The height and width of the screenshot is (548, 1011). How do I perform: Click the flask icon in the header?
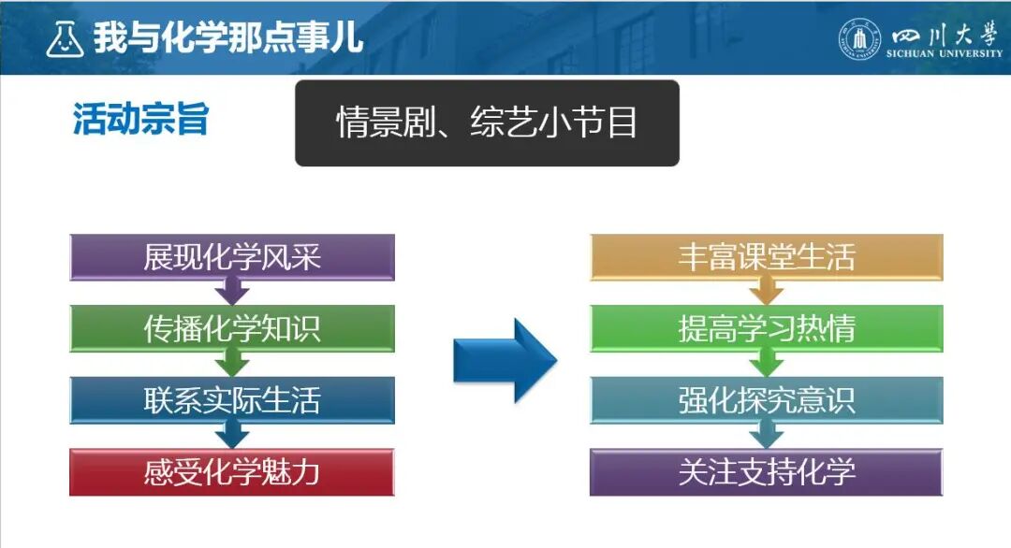[65, 38]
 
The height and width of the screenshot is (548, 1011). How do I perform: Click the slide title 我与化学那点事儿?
[227, 38]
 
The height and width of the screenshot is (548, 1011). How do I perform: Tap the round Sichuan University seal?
[859, 38]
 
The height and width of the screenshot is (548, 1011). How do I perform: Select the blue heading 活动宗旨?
[140, 120]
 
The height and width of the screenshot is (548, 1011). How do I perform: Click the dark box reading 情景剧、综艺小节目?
[487, 123]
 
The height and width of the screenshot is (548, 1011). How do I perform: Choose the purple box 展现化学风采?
[232, 257]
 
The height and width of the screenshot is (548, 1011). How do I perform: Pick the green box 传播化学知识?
[232, 329]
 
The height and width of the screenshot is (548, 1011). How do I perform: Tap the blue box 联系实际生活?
[232, 400]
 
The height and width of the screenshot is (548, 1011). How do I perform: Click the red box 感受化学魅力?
[232, 472]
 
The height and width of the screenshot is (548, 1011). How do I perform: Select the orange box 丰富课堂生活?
[766, 257]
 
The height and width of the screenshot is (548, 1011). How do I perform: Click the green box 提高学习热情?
[766, 329]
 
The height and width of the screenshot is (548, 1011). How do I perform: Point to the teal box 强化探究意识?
[766, 400]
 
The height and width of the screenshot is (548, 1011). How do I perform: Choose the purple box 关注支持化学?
[766, 472]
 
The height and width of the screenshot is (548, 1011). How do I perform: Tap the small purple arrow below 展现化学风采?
[232, 293]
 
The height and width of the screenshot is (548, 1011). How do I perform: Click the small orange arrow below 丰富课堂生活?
[766, 293]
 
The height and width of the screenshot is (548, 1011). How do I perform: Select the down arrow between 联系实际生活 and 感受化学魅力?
[232, 436]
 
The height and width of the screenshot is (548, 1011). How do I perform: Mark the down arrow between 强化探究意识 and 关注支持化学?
[766, 436]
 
